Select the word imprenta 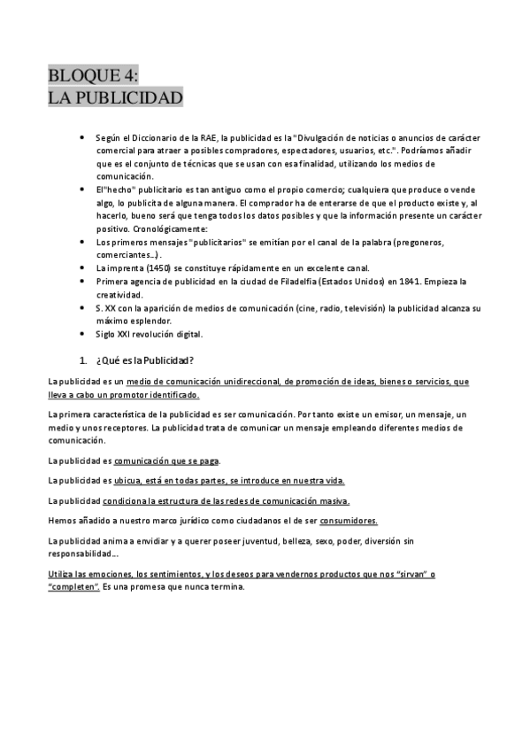tap(125, 267)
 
